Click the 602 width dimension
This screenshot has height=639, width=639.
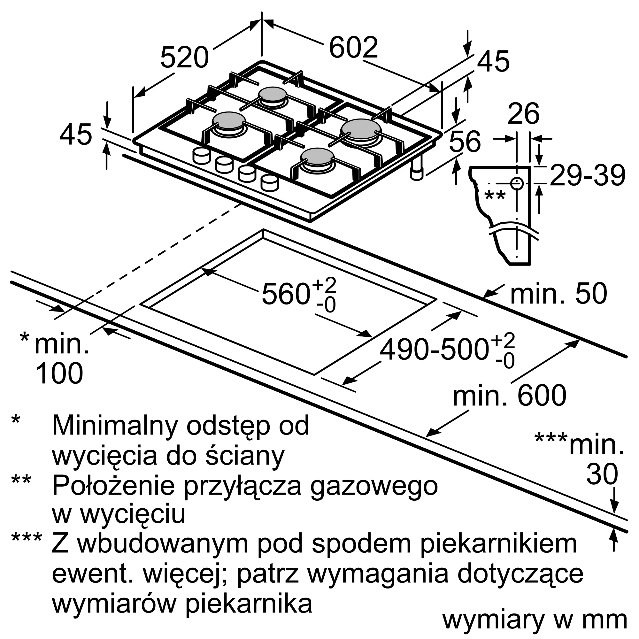tap(353, 48)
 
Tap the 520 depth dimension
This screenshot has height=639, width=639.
tap(185, 58)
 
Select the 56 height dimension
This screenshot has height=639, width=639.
tap(465, 141)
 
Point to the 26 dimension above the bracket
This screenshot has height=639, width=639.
tap(524, 114)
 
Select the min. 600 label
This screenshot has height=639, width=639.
tap(509, 396)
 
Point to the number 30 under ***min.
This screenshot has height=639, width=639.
tap(602, 474)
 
